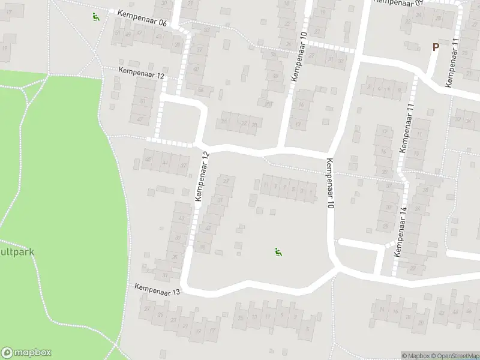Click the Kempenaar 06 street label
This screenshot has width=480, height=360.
(x=142, y=18)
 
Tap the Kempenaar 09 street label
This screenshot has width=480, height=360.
(x=398, y=2)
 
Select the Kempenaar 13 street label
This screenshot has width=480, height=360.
(x=157, y=290)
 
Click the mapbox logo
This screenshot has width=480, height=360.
(x=26, y=353)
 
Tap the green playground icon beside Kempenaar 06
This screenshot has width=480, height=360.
(x=95, y=16)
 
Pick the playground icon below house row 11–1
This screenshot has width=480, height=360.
(x=278, y=253)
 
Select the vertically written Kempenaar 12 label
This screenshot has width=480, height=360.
(x=202, y=176)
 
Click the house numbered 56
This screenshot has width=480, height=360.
(x=201, y=91)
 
